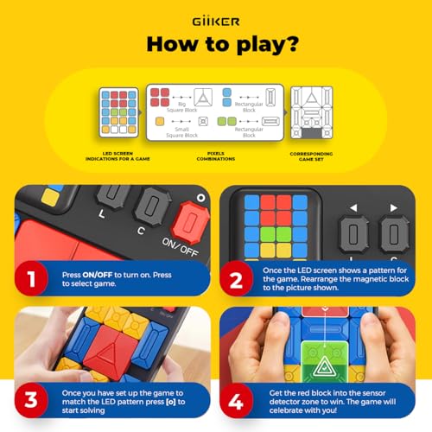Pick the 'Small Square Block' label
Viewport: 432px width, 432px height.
pyautogui.click(x=176, y=130)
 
